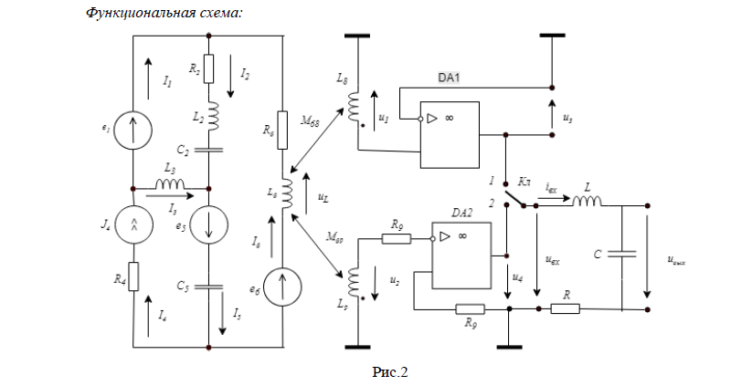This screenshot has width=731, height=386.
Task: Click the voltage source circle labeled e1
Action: [133, 131]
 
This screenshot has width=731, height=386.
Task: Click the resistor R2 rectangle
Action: [210, 68]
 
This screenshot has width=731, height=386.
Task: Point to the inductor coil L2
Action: [210, 114]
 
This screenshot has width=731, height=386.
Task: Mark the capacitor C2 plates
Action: [210, 147]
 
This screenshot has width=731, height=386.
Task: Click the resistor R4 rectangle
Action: [133, 276]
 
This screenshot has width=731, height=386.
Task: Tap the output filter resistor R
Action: [565, 308]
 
